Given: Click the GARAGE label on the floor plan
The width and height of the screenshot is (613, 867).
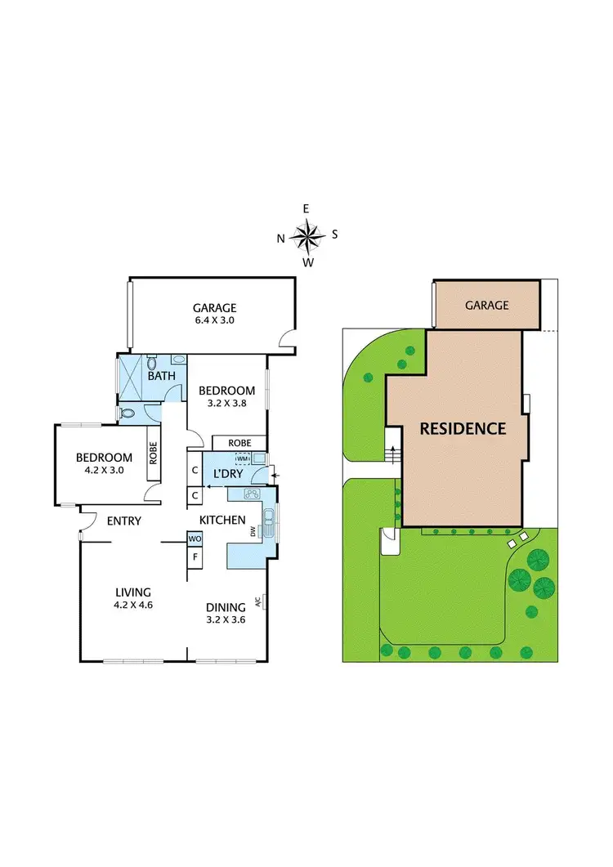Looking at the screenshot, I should click(x=214, y=307).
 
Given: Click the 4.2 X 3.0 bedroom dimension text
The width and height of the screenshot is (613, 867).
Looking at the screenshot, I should click(x=105, y=471).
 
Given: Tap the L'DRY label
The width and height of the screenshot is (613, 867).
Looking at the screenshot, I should click(x=229, y=474).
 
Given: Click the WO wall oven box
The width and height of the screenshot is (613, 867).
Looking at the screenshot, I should click(x=195, y=539).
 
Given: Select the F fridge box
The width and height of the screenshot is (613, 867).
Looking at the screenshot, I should click(x=195, y=557).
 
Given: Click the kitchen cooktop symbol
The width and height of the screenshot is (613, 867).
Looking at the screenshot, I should click(x=252, y=494).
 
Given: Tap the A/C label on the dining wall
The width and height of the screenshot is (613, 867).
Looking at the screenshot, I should click(x=257, y=602).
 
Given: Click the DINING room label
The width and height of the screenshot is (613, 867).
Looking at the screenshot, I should click(x=226, y=607).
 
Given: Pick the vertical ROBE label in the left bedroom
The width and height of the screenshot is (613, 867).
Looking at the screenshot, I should click(x=153, y=453).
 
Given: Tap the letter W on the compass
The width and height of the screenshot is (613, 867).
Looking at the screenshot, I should click(x=308, y=262).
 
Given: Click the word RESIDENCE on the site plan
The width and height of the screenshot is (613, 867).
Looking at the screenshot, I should click(x=463, y=428).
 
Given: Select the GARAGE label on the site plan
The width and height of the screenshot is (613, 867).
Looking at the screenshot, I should click(x=486, y=305).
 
